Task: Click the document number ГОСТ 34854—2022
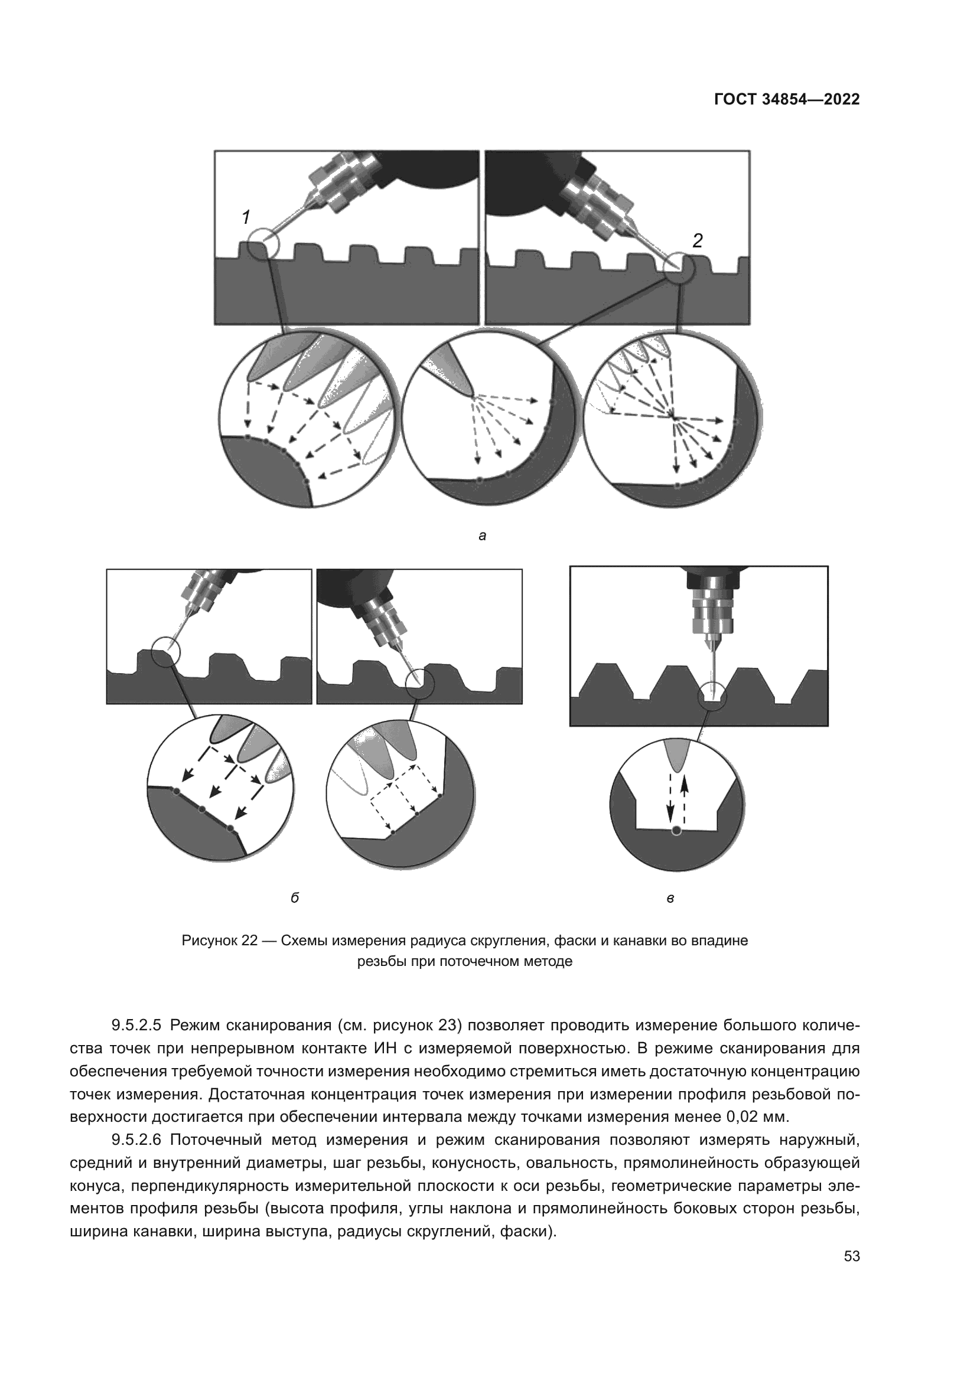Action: click(787, 100)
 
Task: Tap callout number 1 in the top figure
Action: click(246, 217)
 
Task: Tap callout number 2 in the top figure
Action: click(697, 240)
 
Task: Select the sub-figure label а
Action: click(482, 536)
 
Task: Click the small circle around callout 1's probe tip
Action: click(265, 244)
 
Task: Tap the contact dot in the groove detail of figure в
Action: click(676, 831)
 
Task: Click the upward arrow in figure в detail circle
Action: click(684, 794)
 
